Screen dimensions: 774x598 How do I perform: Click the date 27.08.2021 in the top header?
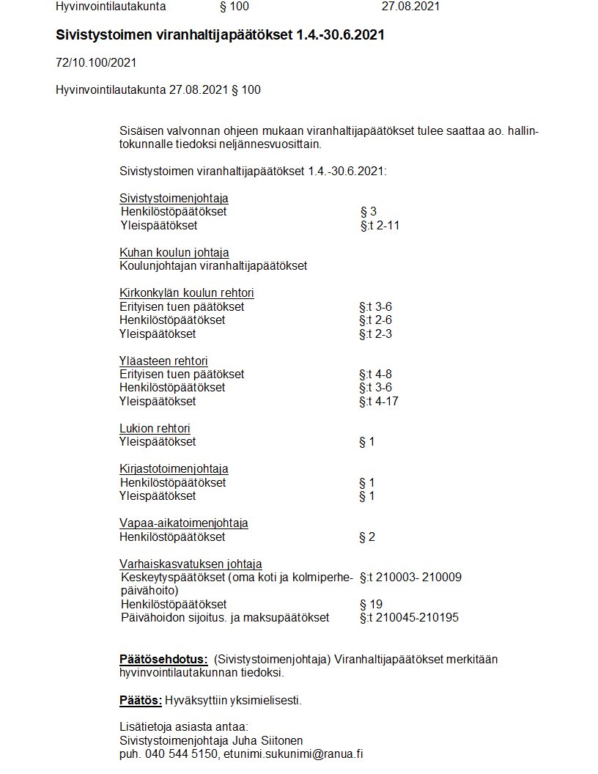click(x=410, y=7)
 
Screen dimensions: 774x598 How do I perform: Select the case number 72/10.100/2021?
click(x=96, y=63)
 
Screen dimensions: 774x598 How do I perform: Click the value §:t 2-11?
click(x=380, y=225)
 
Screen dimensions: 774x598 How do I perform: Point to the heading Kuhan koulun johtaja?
click(x=174, y=253)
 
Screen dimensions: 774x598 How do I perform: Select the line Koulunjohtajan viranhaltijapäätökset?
click(x=213, y=266)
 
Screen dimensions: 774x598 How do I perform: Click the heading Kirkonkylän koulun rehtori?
click(x=186, y=293)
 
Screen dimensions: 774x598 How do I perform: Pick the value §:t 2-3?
click(x=375, y=333)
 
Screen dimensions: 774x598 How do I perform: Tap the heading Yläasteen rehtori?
click(x=163, y=361)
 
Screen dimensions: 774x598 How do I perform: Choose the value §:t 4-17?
click(x=378, y=401)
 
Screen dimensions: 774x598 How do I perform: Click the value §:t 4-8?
click(x=375, y=374)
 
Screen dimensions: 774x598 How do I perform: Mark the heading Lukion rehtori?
click(x=155, y=428)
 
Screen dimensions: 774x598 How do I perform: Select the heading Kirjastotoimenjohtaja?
click(x=174, y=468)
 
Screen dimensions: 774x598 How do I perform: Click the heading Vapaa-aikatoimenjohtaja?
click(x=183, y=523)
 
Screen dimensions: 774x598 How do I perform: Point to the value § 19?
click(x=372, y=604)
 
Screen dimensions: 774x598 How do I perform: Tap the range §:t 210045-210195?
click(x=409, y=617)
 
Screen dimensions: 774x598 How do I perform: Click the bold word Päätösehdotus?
click(x=163, y=659)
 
